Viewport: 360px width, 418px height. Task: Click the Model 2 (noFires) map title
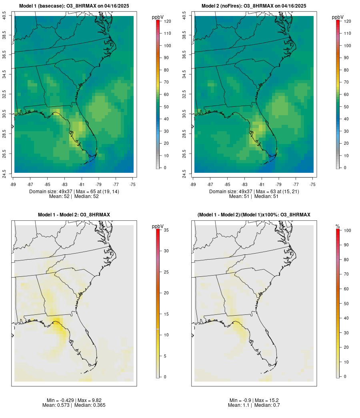pyautogui.click(x=254, y=6)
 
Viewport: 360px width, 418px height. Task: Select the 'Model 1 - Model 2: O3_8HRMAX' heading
pyautogui.click(x=74, y=215)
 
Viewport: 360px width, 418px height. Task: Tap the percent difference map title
pyautogui.click(x=254, y=215)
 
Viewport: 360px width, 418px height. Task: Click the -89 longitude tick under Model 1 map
pyautogui.click(x=14, y=184)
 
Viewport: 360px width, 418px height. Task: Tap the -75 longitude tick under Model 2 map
pyautogui.click(x=313, y=184)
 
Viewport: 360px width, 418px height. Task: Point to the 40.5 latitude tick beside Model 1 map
pyautogui.click(x=4, y=16)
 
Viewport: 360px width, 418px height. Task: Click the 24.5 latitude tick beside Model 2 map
pyautogui.click(x=184, y=173)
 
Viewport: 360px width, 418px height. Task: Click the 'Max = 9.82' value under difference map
pyautogui.click(x=85, y=400)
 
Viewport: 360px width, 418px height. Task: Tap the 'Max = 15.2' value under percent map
pyautogui.click(x=265, y=400)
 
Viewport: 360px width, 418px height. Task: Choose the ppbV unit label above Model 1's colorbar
pyautogui.click(x=158, y=17)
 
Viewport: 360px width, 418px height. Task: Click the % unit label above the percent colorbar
pyautogui.click(x=338, y=226)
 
